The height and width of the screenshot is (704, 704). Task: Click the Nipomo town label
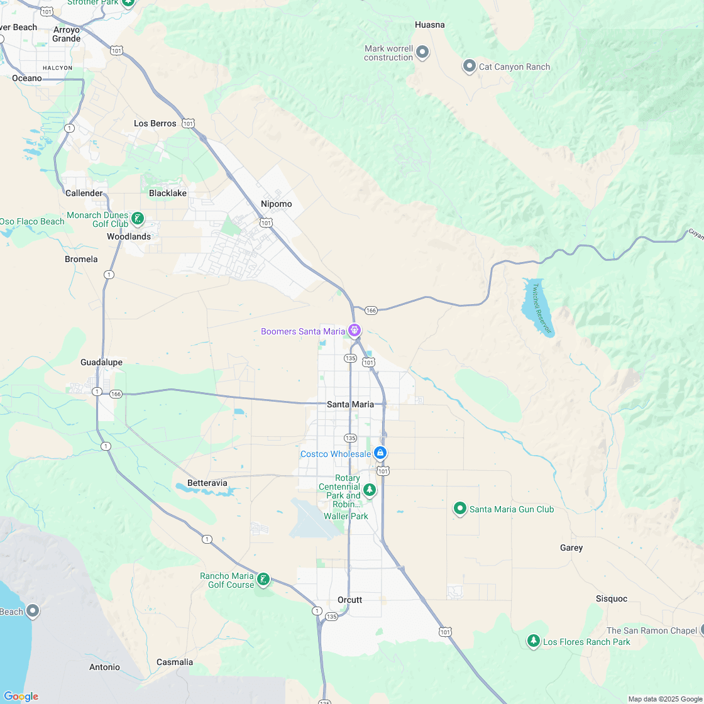click(x=276, y=204)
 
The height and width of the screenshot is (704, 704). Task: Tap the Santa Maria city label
click(x=350, y=404)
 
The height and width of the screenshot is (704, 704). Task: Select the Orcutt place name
click(x=349, y=600)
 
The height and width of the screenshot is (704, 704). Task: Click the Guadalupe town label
click(x=101, y=362)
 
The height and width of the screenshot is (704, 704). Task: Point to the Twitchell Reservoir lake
click(x=537, y=307)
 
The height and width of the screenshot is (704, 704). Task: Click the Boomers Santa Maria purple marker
click(x=355, y=330)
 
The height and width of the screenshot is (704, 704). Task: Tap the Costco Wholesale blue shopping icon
click(x=380, y=453)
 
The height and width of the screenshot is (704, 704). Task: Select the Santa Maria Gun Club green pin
click(x=460, y=509)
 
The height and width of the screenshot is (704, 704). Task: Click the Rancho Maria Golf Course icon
click(x=263, y=579)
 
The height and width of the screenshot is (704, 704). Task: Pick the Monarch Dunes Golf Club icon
click(x=137, y=219)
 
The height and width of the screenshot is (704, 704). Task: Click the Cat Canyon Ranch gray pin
click(x=469, y=66)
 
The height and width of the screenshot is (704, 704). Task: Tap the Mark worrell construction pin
click(x=422, y=52)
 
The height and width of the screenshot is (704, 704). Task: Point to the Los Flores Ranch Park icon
click(x=534, y=641)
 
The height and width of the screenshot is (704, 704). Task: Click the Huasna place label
click(x=430, y=25)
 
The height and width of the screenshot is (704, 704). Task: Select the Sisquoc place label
click(x=612, y=598)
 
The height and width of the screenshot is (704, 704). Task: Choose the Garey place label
click(x=571, y=547)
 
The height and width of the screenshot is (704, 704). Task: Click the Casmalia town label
click(x=175, y=662)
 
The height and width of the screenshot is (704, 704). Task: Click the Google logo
click(x=21, y=696)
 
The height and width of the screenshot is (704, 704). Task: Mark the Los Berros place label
click(x=155, y=123)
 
